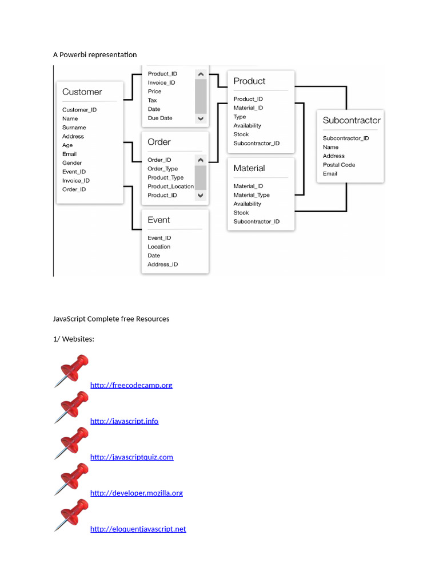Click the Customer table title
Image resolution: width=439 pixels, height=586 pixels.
coord(82,92)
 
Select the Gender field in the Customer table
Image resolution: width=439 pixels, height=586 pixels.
coord(72,163)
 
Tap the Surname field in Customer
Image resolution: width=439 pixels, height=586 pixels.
coord(74,128)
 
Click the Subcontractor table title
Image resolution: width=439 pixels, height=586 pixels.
coord(351,121)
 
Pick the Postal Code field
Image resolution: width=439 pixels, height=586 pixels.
coord(339,165)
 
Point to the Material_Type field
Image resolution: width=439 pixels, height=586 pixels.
coord(252,195)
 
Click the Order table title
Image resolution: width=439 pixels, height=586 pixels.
coord(159,142)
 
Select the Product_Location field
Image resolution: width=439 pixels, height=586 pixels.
coord(170,187)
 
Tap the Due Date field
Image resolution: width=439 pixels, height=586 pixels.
coord(160,118)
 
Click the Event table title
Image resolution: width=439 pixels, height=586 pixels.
coord(159,220)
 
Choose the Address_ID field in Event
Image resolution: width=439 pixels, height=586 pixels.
coord(163,264)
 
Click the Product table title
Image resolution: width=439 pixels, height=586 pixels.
coord(249,81)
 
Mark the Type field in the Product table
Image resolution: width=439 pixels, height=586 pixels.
coord(240,117)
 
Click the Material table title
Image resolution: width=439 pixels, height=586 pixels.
coord(249,168)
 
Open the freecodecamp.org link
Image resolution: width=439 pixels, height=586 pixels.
coord(131,385)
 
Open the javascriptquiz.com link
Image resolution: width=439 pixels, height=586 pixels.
coord(131,457)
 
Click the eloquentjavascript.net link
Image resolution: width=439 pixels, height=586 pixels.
coord(138,529)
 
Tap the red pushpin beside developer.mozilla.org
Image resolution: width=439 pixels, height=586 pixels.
coord(71,479)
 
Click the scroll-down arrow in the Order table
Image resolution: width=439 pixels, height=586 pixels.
coord(201,195)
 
